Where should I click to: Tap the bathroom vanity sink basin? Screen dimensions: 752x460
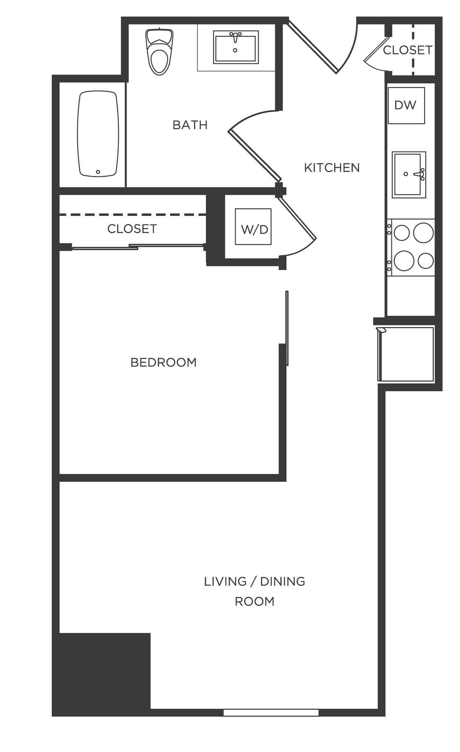tap(236, 48)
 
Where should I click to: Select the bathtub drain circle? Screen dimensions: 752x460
tap(98, 172)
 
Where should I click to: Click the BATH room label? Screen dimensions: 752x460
tap(190, 125)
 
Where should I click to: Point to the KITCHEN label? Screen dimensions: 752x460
tap(332, 168)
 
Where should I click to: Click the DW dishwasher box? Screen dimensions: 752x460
tap(406, 105)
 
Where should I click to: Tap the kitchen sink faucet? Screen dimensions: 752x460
tap(419, 174)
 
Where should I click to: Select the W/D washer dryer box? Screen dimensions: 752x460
tap(253, 227)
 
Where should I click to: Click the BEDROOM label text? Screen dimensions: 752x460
tap(164, 362)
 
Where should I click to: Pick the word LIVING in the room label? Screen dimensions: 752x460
tap(225, 581)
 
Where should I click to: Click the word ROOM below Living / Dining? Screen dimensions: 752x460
tap(255, 601)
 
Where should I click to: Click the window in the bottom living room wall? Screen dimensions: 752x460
tap(271, 712)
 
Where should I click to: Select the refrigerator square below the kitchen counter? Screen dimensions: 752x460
tap(406, 354)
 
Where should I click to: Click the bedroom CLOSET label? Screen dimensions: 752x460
tap(132, 229)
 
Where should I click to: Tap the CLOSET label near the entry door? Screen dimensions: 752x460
tap(407, 50)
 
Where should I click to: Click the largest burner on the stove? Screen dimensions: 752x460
tap(404, 261)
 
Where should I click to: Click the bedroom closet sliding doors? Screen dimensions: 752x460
tap(138, 247)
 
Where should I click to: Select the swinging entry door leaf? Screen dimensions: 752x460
tap(312, 46)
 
